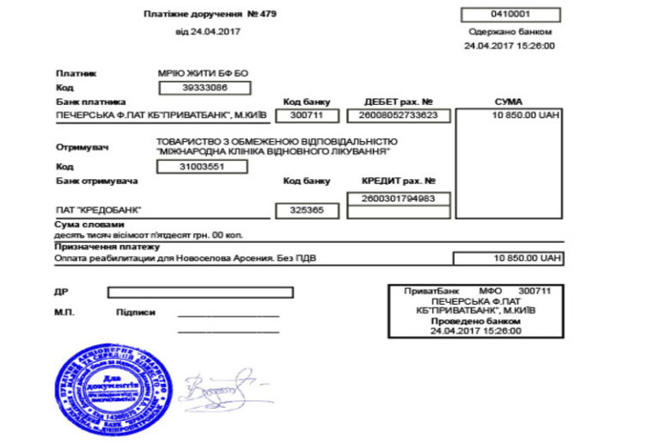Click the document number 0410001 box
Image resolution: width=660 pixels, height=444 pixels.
[x=510, y=15]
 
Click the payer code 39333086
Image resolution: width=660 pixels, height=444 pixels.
[x=205, y=88]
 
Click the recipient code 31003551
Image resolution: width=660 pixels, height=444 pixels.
[x=203, y=166]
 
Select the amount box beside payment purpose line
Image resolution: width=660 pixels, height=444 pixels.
[x=509, y=258]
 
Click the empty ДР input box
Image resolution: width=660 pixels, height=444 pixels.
[x=199, y=293]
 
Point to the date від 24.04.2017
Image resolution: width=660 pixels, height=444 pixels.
[x=207, y=32]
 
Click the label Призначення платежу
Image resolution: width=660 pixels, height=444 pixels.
[x=95, y=247]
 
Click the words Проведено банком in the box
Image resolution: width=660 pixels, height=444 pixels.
[x=477, y=321]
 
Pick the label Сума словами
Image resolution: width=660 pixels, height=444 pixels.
[x=84, y=224]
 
